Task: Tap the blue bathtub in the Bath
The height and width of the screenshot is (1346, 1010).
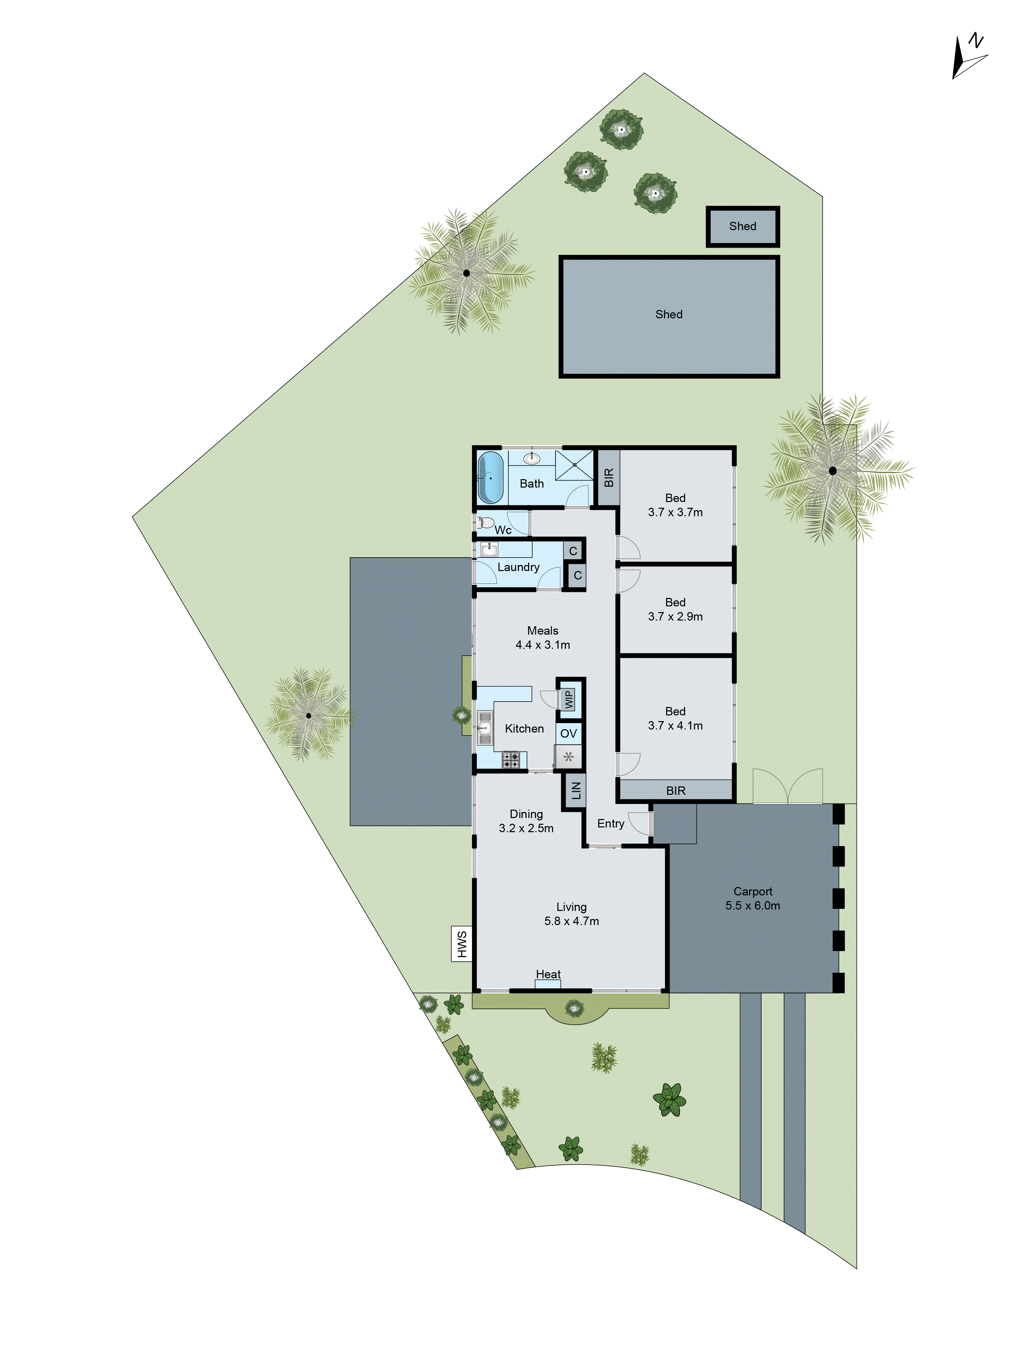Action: click(x=490, y=478)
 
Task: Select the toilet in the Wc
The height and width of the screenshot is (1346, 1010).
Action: click(x=486, y=523)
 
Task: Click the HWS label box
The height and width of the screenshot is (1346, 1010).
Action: click(x=462, y=944)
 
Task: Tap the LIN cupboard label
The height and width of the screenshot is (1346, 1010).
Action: click(x=575, y=790)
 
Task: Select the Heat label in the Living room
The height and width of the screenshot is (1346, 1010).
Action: click(x=548, y=974)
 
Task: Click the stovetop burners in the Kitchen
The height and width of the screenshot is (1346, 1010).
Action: click(x=510, y=759)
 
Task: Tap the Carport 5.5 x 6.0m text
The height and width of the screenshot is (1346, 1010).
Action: click(x=752, y=898)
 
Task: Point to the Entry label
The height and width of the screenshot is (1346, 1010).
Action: click(x=611, y=823)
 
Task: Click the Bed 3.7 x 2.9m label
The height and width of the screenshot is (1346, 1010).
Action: click(x=675, y=609)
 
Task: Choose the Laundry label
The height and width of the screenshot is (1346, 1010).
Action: click(x=518, y=567)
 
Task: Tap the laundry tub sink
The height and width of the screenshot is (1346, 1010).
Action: click(x=489, y=550)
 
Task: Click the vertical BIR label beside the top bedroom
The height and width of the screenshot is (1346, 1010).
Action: click(x=608, y=478)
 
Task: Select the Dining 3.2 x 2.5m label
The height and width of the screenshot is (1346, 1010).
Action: click(x=526, y=821)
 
